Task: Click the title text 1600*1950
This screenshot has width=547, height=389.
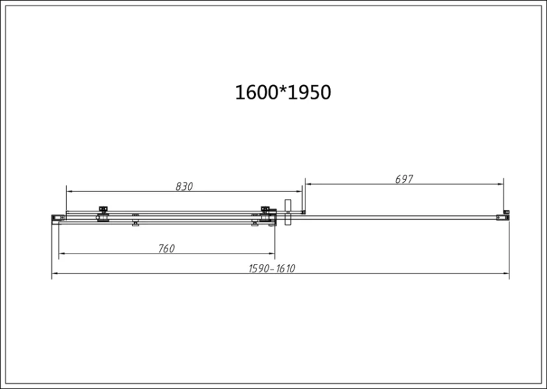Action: [283, 93]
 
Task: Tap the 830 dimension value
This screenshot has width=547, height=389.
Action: [184, 186]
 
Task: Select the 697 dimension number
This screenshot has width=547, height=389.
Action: [404, 179]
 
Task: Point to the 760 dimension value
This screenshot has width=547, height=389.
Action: [166, 248]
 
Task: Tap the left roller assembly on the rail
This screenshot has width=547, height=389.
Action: [103, 214]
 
